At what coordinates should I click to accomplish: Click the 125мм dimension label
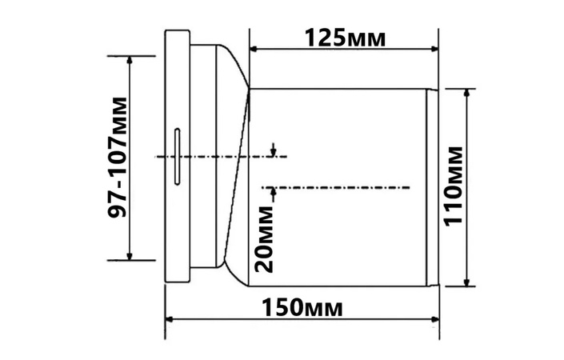[x=346, y=38]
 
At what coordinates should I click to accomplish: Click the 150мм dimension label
[x=302, y=307]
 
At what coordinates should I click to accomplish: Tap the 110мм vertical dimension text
[x=453, y=186]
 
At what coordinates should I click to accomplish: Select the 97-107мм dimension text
[x=118, y=157]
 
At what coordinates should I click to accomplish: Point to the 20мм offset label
[x=264, y=239]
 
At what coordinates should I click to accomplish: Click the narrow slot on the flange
[x=178, y=157]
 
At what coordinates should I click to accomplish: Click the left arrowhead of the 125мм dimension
[x=254, y=49]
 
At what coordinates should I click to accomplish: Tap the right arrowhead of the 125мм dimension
[x=434, y=49]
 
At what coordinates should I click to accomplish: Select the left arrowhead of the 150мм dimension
[x=170, y=319]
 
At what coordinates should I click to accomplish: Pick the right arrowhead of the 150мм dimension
[x=434, y=319]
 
